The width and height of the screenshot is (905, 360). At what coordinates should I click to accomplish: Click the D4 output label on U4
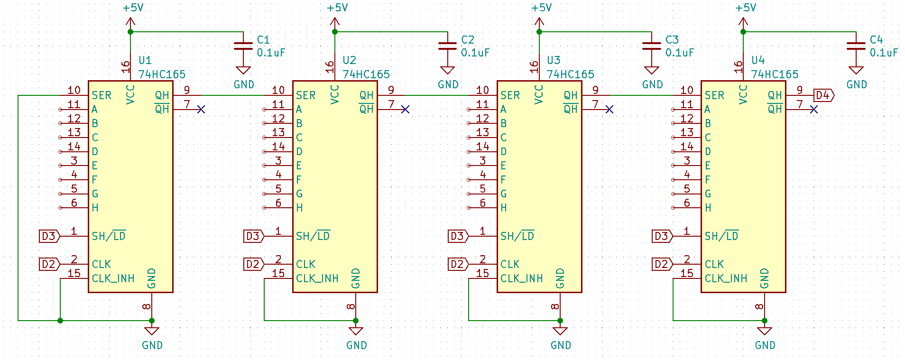[823, 95]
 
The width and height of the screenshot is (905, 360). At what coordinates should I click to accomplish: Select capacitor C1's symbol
[243, 46]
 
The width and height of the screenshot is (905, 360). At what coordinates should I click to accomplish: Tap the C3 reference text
[672, 40]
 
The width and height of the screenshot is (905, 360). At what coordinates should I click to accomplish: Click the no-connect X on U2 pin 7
[405, 110]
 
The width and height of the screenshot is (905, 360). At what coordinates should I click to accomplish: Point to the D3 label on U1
[49, 236]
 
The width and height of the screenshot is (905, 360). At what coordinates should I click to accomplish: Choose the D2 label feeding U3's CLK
[457, 264]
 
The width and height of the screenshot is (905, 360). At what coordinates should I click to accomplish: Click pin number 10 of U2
[278, 90]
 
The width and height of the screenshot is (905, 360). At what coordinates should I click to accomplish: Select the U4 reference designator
[757, 60]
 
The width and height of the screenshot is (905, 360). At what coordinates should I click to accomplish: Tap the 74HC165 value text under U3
[570, 74]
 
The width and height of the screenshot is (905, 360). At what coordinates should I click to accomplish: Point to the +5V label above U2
[337, 8]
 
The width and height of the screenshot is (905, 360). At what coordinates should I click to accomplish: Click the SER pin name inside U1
[102, 95]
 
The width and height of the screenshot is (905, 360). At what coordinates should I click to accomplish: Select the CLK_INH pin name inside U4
[726, 278]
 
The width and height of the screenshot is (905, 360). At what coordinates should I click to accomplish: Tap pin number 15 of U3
[482, 273]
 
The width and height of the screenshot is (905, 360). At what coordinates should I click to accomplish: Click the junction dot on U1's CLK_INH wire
[60, 321]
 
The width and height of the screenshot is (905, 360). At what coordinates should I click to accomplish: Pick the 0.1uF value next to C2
[475, 53]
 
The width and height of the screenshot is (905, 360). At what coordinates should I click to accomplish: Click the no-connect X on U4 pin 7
[814, 110]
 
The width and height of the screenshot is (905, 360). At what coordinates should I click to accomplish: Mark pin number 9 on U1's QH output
[187, 90]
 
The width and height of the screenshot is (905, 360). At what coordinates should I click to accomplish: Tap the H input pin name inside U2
[299, 208]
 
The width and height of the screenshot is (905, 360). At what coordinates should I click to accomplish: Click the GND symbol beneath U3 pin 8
[560, 332]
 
